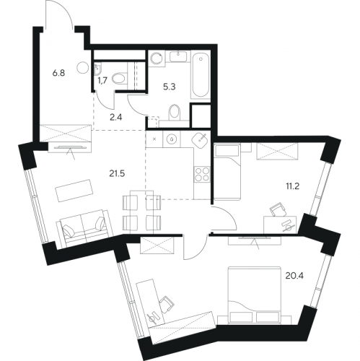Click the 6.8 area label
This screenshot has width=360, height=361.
tap(58, 73)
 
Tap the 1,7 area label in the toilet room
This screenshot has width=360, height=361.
tap(102, 80)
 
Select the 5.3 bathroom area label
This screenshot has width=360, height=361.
tap(170, 87)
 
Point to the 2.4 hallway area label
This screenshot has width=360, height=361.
tap(116, 118)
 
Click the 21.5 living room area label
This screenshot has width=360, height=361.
tap(117, 173)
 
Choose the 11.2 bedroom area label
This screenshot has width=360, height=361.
tap(292, 186)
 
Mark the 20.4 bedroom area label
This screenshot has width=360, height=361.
tap(294, 276)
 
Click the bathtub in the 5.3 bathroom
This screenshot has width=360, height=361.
tap(200, 74)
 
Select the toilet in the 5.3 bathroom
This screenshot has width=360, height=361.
tap(175, 113)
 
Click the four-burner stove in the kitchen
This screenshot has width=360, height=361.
tap(202, 175)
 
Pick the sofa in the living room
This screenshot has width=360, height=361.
tap(84, 227)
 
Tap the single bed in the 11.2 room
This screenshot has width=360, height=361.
tap(227, 172)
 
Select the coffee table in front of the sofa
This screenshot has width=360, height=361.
tap(74, 191)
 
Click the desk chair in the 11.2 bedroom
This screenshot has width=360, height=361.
tap(278, 209)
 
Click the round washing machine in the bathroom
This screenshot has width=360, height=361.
tap(156, 58)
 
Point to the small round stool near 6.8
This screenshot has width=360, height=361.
tap(83, 68)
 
